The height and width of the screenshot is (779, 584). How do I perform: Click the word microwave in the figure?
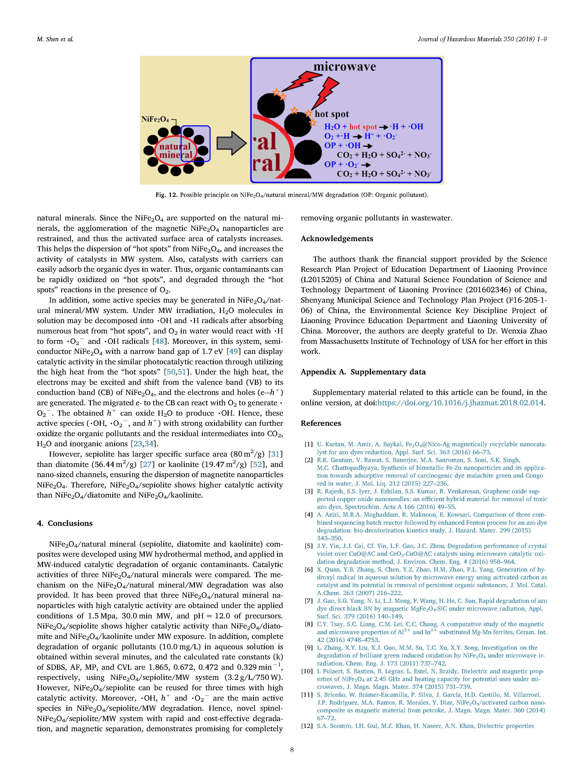click(x=344, y=67)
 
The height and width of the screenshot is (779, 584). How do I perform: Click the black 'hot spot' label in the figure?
click(x=332, y=114)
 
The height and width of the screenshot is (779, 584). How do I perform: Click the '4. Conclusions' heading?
click(x=65, y=523)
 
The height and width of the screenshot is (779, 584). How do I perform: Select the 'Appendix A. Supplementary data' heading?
click(x=363, y=372)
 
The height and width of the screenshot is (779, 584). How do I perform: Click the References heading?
click(x=321, y=423)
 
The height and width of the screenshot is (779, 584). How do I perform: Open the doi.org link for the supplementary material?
click(x=460, y=402)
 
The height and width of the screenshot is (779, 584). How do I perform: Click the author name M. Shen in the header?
click(x=55, y=39)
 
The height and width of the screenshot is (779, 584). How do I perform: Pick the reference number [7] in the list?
click(x=308, y=601)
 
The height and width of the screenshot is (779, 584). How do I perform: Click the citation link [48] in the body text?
click(x=159, y=341)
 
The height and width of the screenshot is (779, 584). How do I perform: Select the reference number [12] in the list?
click(x=307, y=726)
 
